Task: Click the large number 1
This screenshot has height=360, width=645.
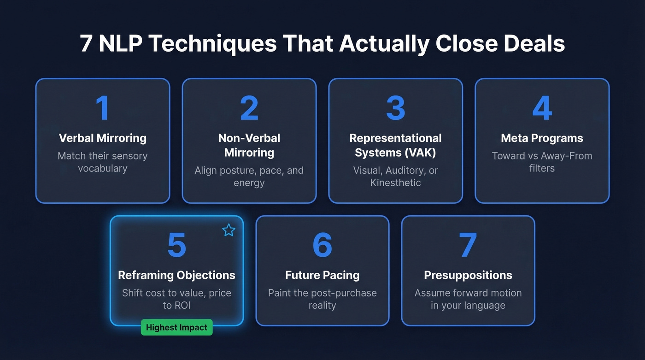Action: pos(102,108)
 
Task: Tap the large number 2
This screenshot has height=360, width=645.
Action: pos(249,108)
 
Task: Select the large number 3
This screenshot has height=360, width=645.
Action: pos(395,108)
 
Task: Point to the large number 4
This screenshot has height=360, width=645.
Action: pos(542,108)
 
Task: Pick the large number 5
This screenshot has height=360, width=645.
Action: pos(176,245)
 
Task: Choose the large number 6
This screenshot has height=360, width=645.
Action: pos(322,245)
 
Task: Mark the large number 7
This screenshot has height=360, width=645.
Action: pos(468,245)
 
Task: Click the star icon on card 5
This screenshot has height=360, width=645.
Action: pos(229,230)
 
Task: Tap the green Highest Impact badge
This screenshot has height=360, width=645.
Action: pos(176,327)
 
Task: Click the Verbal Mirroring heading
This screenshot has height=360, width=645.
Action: pos(102,138)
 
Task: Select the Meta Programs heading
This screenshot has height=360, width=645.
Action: pos(542,138)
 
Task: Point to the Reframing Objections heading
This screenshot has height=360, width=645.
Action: pos(176,275)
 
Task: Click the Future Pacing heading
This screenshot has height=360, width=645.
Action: pos(322,275)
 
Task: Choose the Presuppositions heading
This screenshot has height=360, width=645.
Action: pos(468,275)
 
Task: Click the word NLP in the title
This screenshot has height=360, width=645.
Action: pos(120,44)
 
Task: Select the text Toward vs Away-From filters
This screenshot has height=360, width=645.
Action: pos(542,162)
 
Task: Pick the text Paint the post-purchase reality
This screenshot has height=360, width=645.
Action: pos(322,299)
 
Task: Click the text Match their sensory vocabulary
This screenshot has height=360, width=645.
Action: pos(102,162)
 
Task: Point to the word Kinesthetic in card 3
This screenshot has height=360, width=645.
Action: pos(395,183)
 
